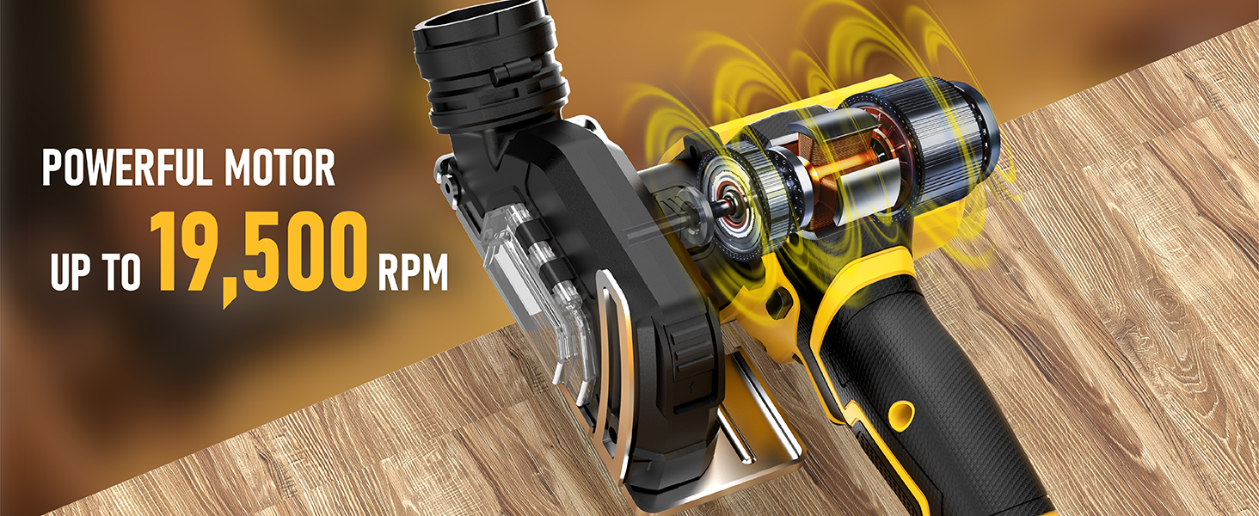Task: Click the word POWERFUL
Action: click(127, 169)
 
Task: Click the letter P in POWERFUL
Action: click(53, 169)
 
